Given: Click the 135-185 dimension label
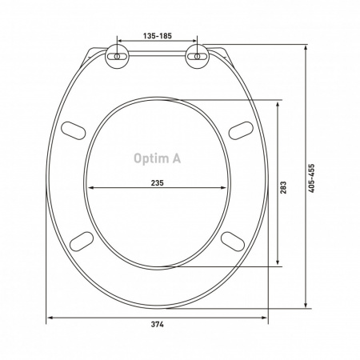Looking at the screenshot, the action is click(x=158, y=36).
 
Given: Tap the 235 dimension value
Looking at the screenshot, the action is click(x=158, y=183).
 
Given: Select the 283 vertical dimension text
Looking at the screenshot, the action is click(x=283, y=187).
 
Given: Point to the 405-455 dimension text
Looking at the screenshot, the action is click(x=311, y=178).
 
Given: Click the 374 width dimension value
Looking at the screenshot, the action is click(x=158, y=324).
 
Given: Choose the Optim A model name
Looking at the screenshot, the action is click(x=158, y=158).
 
